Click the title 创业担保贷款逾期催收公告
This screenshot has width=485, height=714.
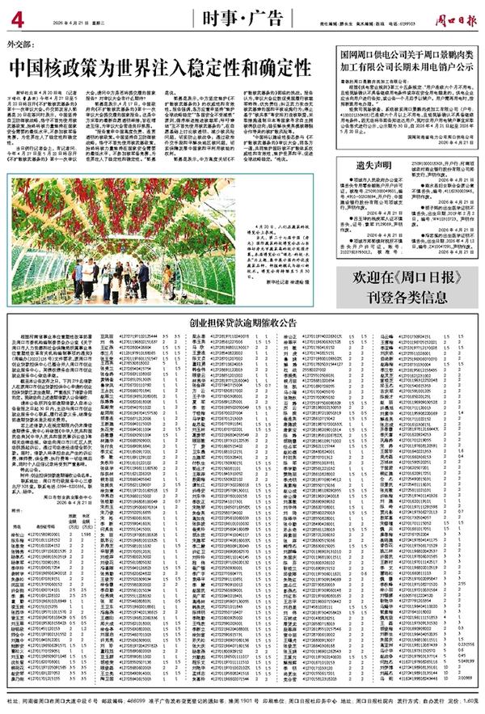[242, 322]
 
